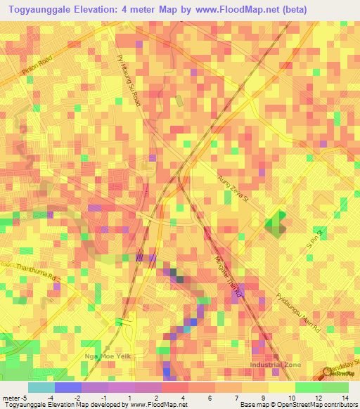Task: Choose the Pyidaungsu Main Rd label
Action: click(298, 313)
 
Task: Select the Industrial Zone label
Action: click(275, 365)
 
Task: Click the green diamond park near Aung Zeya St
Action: click(275, 224)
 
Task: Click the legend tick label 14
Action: click(346, 398)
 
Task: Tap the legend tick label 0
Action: click(131, 398)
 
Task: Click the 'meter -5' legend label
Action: click(13, 398)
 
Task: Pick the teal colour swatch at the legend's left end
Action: click(41, 387)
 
